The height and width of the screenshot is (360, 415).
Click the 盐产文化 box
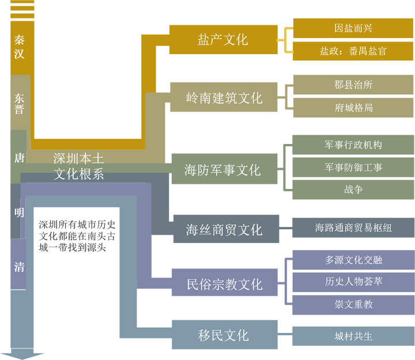tap(222, 40)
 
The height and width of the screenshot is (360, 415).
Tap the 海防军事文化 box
tap(222, 169)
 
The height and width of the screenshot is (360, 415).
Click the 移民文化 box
tap(222, 335)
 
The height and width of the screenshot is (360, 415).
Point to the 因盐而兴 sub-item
tap(353, 28)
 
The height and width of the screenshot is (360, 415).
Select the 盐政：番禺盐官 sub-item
tap(353, 51)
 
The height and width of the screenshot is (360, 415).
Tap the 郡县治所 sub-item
tap(353, 85)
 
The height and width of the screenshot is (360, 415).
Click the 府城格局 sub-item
tap(353, 108)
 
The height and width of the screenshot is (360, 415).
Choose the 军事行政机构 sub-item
tap(353, 145)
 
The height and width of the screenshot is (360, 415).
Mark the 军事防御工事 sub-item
tap(353, 167)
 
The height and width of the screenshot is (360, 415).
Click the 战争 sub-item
tap(353, 189)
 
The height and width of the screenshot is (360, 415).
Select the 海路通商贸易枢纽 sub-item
tap(353, 228)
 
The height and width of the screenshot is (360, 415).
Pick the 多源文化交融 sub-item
tap(353, 260)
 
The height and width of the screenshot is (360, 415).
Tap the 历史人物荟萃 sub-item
tap(353, 282)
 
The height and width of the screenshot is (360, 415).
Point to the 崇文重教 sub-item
tap(353, 304)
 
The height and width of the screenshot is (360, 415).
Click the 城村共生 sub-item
tap(353, 336)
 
